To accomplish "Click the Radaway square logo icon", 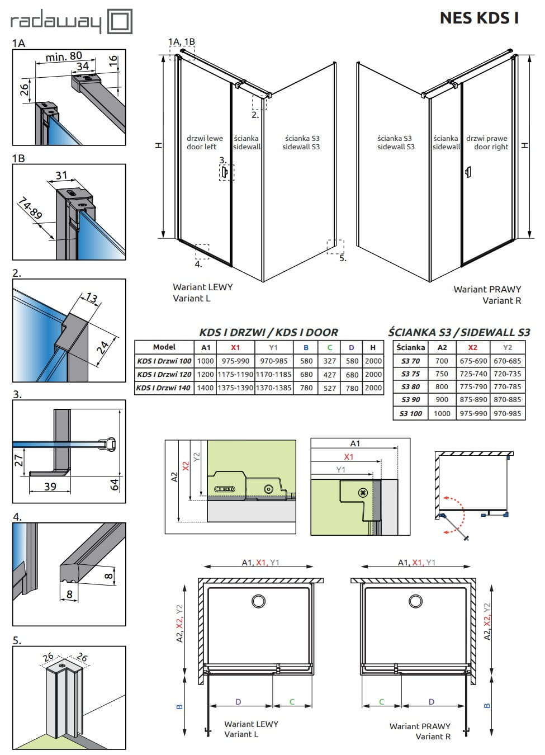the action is pos(120,21).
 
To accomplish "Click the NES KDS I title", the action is pos(479,18).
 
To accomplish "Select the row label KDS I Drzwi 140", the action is pos(164,388).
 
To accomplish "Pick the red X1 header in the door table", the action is pos(235,347).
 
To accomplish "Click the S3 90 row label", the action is pos(410,400).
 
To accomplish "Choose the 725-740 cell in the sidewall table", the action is pos(473,374).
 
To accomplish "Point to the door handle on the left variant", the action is pos(225,172).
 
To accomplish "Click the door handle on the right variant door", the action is pos(468,172).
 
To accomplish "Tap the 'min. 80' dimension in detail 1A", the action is pos(64,56).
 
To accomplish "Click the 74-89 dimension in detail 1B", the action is pos(30,208).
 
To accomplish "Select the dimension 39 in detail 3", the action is pos(50,487).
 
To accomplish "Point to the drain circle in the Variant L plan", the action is pos(258,601).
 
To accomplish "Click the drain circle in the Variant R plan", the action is pos(415,601).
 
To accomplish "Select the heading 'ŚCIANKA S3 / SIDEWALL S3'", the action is pos(459,332).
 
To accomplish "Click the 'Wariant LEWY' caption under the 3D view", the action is pos(203,287).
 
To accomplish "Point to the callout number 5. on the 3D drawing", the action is pos(343,258).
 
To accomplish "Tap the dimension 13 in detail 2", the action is pos(91,298).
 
